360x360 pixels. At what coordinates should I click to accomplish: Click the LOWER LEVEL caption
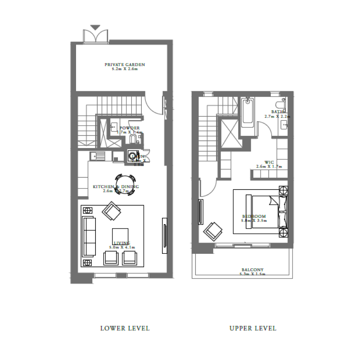pyautogui.click(x=125, y=328)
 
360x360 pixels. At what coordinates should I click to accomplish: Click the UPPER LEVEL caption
pyautogui.click(x=253, y=328)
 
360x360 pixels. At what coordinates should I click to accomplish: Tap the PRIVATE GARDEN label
pyautogui.click(x=125, y=64)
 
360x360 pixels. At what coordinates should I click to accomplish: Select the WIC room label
pyautogui.click(x=269, y=162)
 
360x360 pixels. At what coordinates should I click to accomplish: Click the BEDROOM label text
pyautogui.click(x=254, y=216)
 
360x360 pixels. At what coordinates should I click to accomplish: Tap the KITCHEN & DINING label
pyautogui.click(x=116, y=187)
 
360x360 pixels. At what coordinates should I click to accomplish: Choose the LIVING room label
pyautogui.click(x=122, y=243)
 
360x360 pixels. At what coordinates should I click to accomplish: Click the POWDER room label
pyautogui.click(x=129, y=128)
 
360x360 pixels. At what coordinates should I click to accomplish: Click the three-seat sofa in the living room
pyautogui.click(x=89, y=236)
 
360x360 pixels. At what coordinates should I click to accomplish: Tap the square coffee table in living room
pyautogui.click(x=120, y=236)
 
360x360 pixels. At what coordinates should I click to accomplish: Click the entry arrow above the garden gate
pyautogui.click(x=95, y=27)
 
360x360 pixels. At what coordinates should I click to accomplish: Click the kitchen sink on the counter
pyautogui.click(x=98, y=156)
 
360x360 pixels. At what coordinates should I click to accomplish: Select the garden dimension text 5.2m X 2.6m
pyautogui.click(x=125, y=69)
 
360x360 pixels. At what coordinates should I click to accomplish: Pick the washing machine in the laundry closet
pyautogui.click(x=133, y=156)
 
